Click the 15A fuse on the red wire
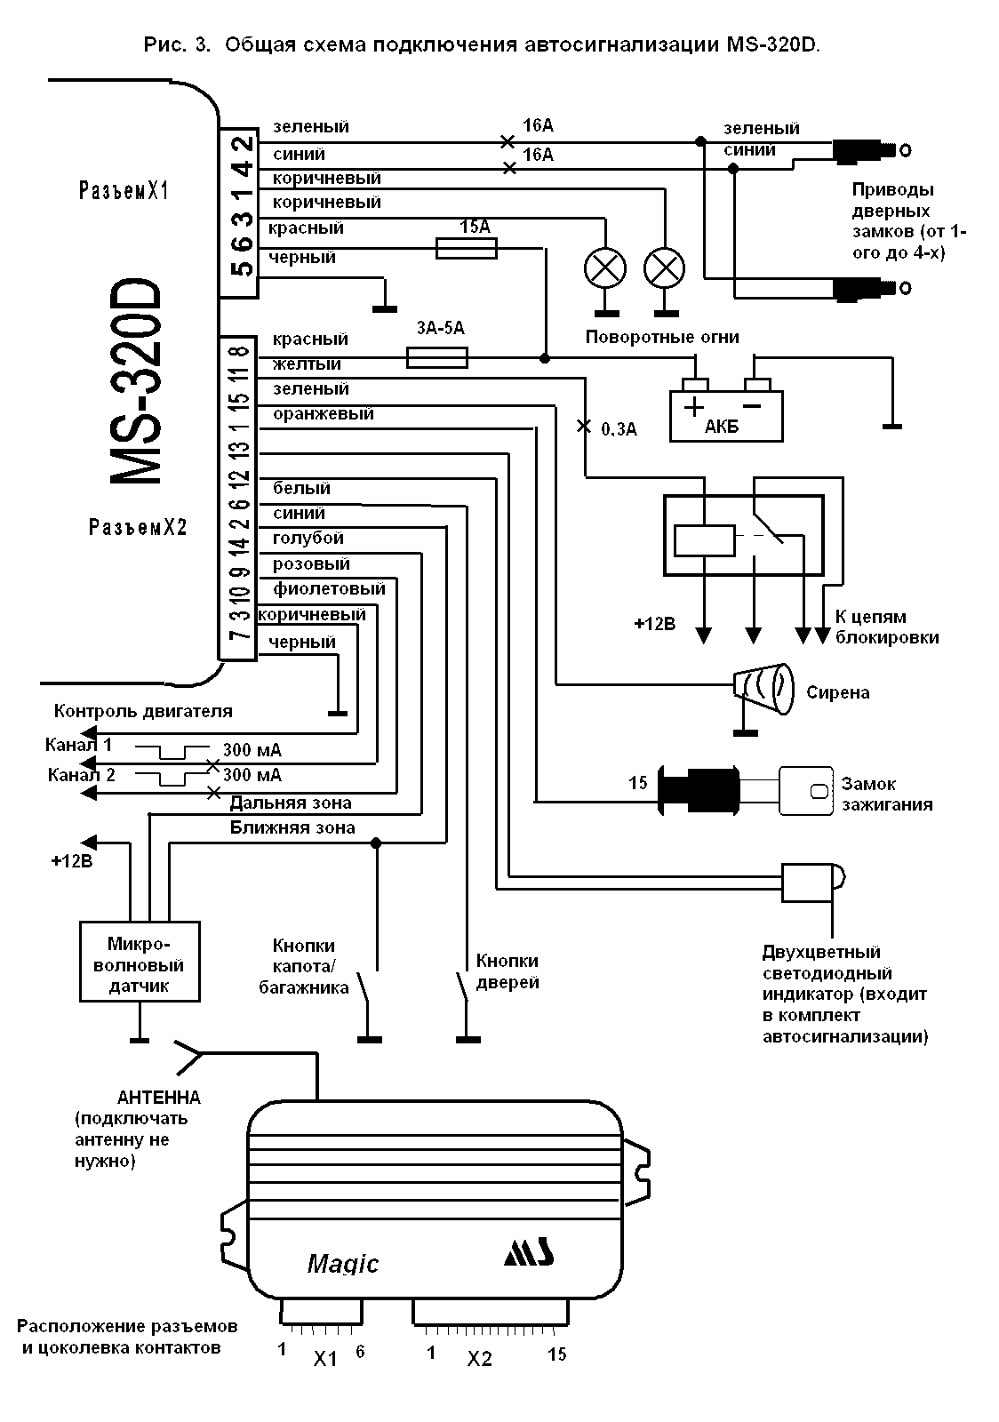pos(466,250)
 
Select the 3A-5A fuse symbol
pos(436,357)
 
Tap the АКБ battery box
pos(726,415)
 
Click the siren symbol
pos(763,687)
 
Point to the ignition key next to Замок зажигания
pos(806,787)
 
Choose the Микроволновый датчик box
pos(140,962)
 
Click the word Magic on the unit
pos(343,1263)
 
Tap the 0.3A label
pos(619,429)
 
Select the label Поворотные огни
pos(662,338)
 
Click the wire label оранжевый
pos(324,413)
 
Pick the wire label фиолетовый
pos(329,588)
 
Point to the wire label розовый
pos(311,563)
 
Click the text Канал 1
pos(80,745)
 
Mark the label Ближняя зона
pos(292,827)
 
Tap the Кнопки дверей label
pos(507,971)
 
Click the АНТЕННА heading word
pos(159,1097)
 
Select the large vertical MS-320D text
pos(137,383)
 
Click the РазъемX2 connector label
pos(138,527)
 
